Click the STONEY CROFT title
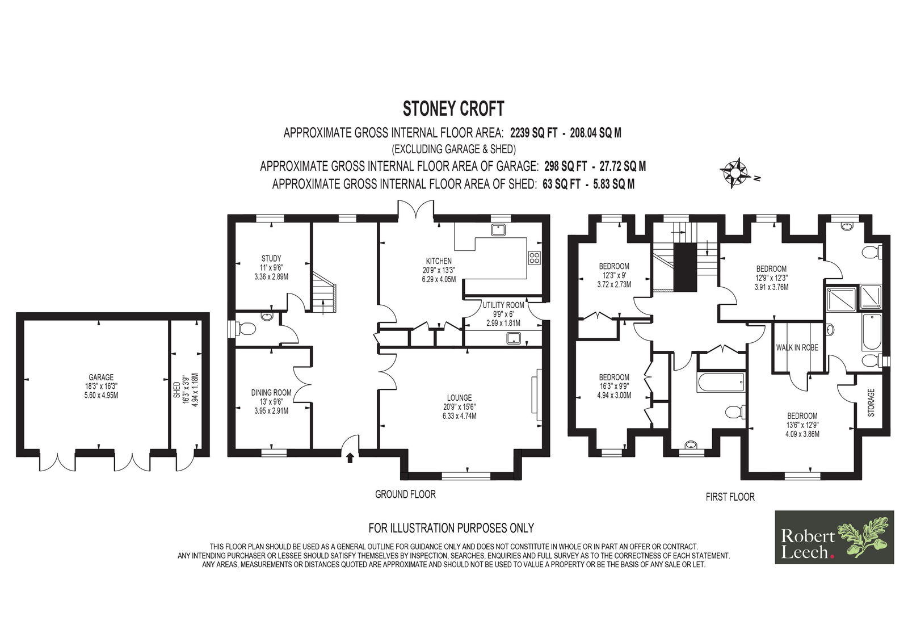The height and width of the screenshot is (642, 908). click(x=453, y=108)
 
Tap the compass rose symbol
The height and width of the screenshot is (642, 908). click(x=735, y=173)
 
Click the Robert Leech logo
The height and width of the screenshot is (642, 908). click(x=834, y=537)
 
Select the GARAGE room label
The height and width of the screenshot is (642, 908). click(x=101, y=377)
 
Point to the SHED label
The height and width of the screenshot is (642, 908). click(x=176, y=389)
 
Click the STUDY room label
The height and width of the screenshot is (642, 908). click(x=271, y=258)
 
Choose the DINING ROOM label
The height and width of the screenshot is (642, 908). click(x=271, y=393)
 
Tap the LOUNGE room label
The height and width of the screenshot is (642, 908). click(x=459, y=398)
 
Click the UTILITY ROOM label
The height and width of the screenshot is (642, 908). click(x=503, y=305)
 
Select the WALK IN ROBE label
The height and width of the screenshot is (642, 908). click(x=797, y=347)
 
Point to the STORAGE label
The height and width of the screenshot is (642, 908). click(x=871, y=402)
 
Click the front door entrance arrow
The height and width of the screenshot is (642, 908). click(x=350, y=458)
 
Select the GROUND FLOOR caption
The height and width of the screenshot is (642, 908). click(x=405, y=494)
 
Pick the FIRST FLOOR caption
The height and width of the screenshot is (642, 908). click(x=730, y=497)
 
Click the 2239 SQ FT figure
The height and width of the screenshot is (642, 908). click(x=534, y=133)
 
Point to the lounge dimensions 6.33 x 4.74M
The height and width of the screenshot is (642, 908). click(x=460, y=416)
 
